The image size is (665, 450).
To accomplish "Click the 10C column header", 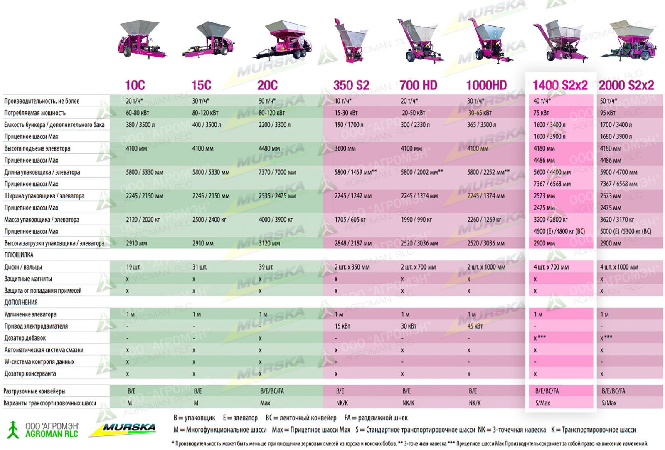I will coord(135,85).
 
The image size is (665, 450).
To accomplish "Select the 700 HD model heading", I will coord(418,85).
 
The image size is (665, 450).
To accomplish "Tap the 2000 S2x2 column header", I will coord(626,85).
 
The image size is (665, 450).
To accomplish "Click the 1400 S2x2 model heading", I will coord(560,85).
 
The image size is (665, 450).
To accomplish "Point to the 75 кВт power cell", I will coord(541,113).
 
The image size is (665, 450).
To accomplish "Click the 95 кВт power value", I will coord(608,113).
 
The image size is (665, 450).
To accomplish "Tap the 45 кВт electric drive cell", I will coord(475,326).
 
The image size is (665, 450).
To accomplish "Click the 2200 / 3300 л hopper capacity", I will coord(274,125).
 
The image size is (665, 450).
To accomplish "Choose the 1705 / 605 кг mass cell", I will coord(350,220).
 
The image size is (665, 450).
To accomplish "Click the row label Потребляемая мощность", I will coord(35,113).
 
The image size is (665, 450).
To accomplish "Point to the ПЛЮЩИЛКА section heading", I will coord(19,255).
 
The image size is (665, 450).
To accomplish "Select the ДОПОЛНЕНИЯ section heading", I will coord(21,302).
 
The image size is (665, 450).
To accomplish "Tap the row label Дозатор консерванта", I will coord(30,373).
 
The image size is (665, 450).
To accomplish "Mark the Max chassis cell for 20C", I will coord(265,403).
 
